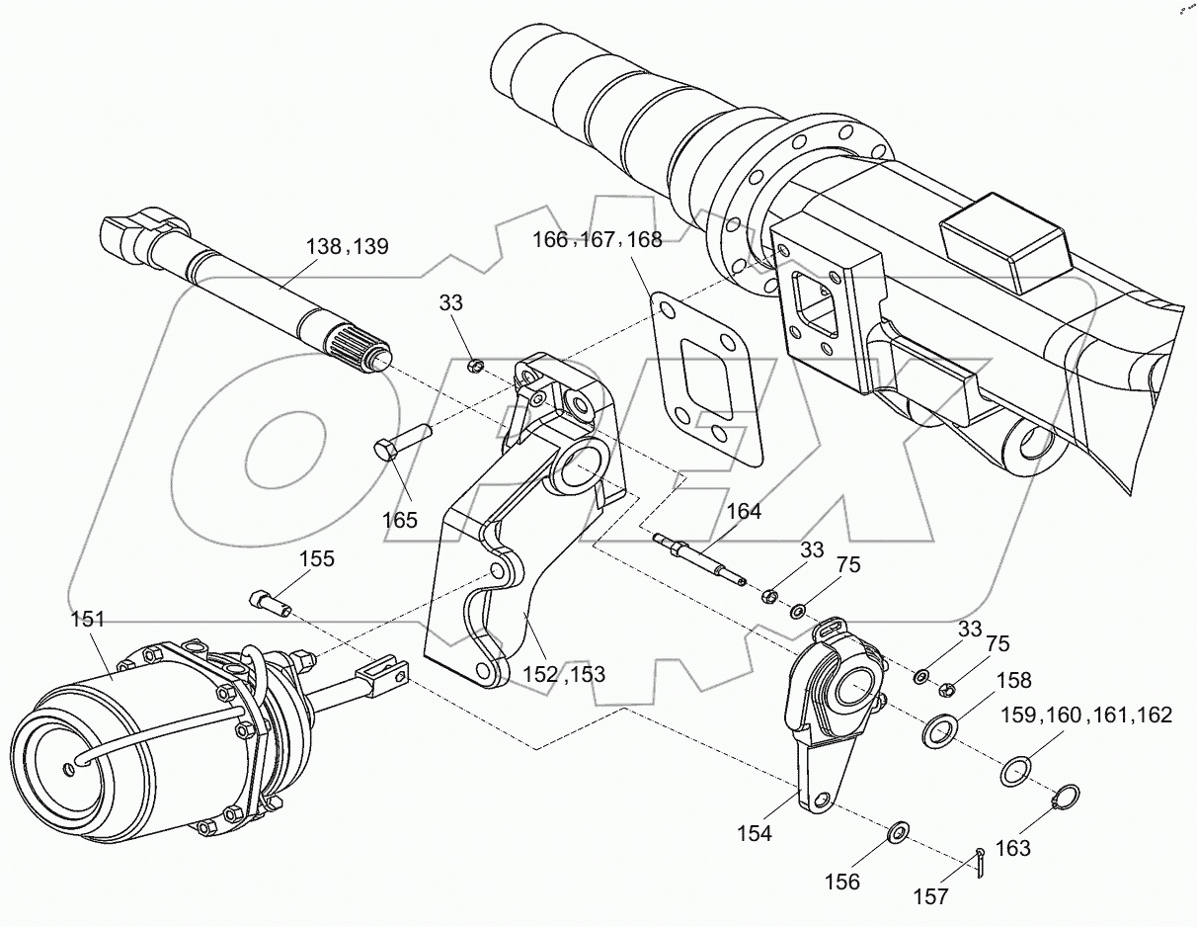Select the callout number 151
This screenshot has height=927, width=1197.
pyautogui.click(x=87, y=620)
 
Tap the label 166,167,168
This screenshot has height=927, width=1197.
pyautogui.click(x=597, y=239)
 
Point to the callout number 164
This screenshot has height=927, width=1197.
pyautogui.click(x=744, y=511)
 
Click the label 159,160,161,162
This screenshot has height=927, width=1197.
pyautogui.click(x=1086, y=715)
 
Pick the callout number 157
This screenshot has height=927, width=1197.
pyautogui.click(x=930, y=896)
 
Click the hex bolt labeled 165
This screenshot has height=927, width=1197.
pyautogui.click(x=401, y=441)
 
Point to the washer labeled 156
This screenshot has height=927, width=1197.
pyautogui.click(x=899, y=832)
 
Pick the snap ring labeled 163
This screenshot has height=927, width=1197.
pyautogui.click(x=1066, y=797)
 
